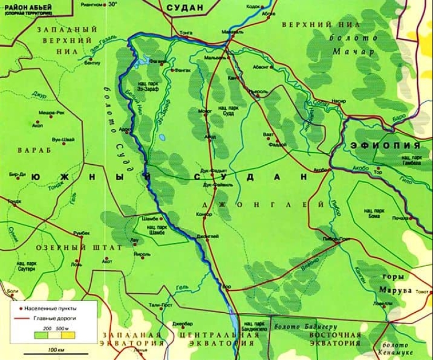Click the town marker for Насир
coord(339,103)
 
